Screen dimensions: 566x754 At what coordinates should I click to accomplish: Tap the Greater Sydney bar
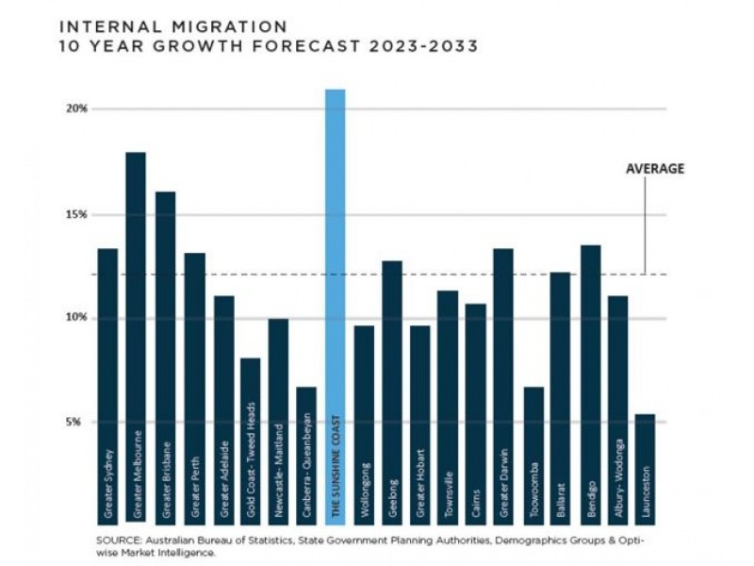tap(107, 387)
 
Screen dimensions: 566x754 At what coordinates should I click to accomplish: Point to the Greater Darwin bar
tap(503, 387)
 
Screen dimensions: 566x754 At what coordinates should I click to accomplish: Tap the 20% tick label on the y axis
tap(76, 108)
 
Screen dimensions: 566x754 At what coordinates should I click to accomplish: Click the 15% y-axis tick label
tap(76, 214)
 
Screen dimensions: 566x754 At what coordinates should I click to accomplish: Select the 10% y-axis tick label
tap(76, 318)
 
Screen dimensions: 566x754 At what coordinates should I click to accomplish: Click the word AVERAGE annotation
tap(654, 169)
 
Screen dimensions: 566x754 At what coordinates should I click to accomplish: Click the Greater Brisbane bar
tap(165, 358)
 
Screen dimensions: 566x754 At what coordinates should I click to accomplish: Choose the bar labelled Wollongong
tap(364, 424)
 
